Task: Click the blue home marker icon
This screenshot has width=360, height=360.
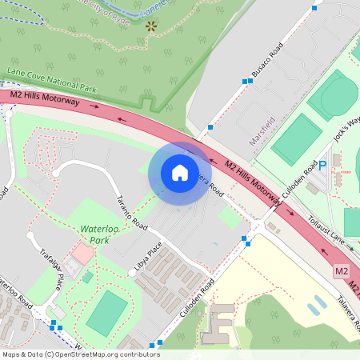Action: click(x=180, y=173)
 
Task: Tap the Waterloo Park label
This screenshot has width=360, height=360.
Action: click(x=105, y=234)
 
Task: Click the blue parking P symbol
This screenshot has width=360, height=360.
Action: click(x=324, y=166)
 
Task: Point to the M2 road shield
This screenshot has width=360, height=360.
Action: click(x=342, y=272)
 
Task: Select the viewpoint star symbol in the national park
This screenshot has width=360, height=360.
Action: click(x=151, y=26)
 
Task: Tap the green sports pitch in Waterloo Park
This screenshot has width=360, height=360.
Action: click(x=106, y=313)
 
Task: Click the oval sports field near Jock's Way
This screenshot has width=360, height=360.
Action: click(x=332, y=95)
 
